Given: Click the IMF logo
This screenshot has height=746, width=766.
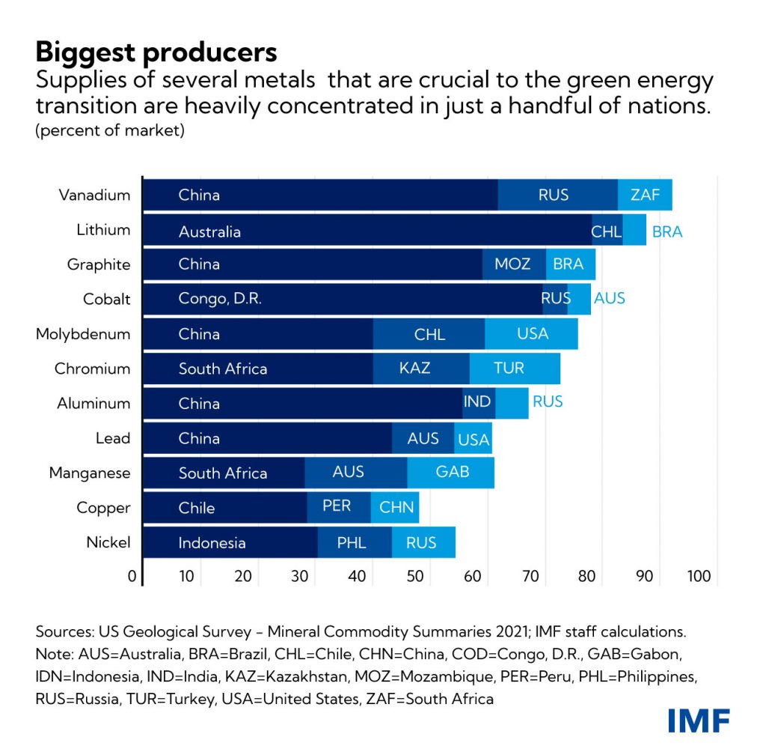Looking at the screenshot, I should pyautogui.click(x=699, y=720).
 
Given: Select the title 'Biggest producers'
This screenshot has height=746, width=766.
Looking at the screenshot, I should pyautogui.click(x=156, y=52).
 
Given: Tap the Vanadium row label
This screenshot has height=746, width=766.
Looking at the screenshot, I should pyautogui.click(x=95, y=195).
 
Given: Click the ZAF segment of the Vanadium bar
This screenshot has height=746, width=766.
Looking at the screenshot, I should pyautogui.click(x=645, y=195).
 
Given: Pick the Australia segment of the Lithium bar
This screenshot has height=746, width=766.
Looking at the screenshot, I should pyautogui.click(x=367, y=231).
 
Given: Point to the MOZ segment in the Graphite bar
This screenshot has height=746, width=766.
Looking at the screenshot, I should pyautogui.click(x=514, y=264).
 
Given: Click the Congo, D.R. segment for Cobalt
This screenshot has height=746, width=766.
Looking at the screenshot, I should pyautogui.click(x=342, y=299).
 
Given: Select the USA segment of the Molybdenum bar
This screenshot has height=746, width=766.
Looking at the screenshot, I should pyautogui.click(x=532, y=333).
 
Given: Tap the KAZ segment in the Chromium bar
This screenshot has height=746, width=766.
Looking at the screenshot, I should pyautogui.click(x=420, y=369).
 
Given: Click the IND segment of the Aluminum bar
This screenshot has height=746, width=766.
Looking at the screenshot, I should pyautogui.click(x=478, y=403).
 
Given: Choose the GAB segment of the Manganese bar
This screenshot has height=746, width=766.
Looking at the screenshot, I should pyautogui.click(x=451, y=473).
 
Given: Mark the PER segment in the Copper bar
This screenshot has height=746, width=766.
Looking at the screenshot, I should pyautogui.click(x=338, y=507).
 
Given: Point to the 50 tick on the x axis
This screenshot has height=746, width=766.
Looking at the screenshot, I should pyautogui.click(x=415, y=577).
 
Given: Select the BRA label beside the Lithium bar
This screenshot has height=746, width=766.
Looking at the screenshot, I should pyautogui.click(x=667, y=231).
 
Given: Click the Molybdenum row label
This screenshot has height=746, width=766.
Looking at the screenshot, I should pyautogui.click(x=83, y=333).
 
